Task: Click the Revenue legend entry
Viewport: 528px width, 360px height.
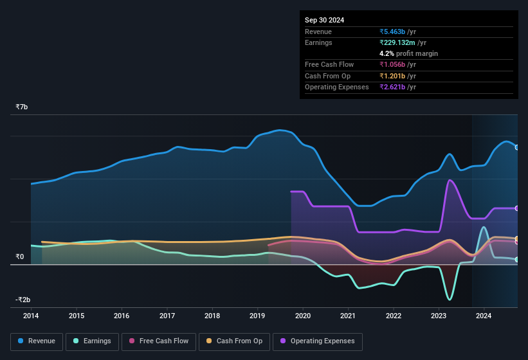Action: [x=37, y=341]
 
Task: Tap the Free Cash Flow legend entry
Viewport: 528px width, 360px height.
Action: [x=158, y=341]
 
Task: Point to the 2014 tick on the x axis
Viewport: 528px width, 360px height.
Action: [x=31, y=316]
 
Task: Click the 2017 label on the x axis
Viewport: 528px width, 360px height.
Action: [x=167, y=316]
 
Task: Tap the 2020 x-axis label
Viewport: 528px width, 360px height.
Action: [x=302, y=316]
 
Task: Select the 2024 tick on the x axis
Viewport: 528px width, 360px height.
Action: [x=484, y=316]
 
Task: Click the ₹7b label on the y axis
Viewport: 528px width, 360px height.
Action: [x=22, y=107]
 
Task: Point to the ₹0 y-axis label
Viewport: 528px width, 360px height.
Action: [x=20, y=256]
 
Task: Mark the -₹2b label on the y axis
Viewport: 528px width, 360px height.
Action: [x=23, y=300]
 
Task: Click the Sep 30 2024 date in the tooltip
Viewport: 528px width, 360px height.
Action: [x=324, y=20]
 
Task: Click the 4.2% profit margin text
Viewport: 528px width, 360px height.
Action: [x=408, y=53]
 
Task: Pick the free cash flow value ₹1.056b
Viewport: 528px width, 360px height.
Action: [x=397, y=64]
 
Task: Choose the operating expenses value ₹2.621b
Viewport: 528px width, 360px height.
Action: [x=397, y=87]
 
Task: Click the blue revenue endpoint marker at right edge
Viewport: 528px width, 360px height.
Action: [x=517, y=147]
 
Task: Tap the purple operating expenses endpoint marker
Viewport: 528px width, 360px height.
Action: [x=517, y=208]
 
